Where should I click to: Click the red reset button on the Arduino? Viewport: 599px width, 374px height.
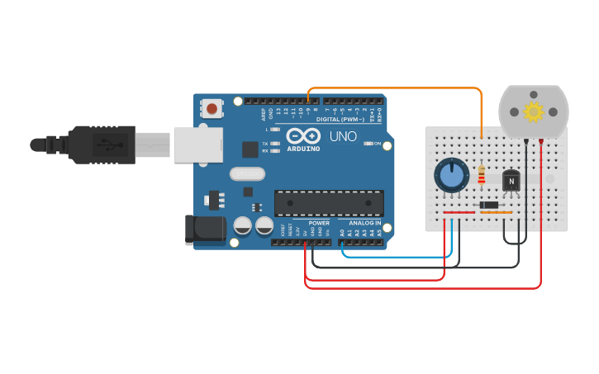click(212, 108)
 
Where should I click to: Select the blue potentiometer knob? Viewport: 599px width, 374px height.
click(451, 175)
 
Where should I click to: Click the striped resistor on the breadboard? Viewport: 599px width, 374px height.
click(482, 175)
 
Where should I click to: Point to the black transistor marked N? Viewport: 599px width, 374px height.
click(511, 180)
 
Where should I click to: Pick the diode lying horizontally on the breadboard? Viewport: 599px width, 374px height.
click(490, 205)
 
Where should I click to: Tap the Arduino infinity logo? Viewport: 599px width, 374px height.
click(302, 136)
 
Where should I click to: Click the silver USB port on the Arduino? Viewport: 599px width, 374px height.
click(197, 144)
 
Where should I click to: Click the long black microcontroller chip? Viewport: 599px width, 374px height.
click(329, 202)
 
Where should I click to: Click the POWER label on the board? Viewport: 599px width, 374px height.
click(319, 223)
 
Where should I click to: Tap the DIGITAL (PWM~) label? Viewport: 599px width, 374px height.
click(342, 121)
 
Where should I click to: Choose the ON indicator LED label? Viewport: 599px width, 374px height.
click(378, 144)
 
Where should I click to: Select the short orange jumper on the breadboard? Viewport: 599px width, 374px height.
click(497, 212)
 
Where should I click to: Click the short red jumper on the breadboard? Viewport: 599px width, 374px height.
click(459, 212)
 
